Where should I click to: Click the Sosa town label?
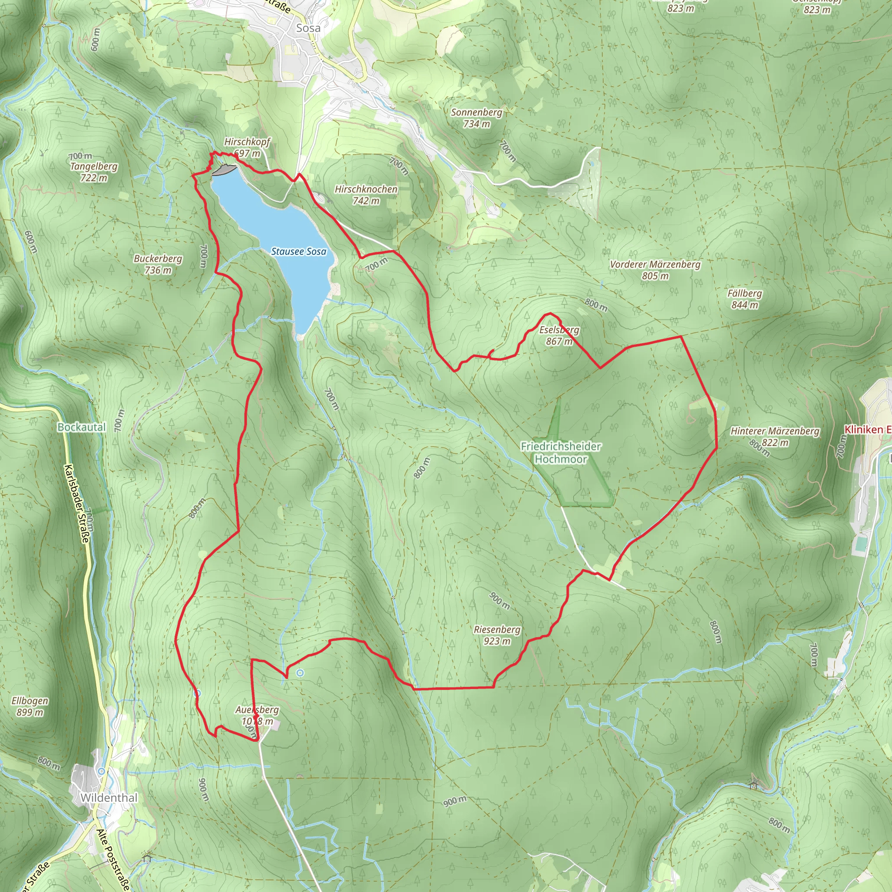(x=308, y=28)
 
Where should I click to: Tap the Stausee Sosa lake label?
(x=298, y=252)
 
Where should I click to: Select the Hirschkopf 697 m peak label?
(x=247, y=147)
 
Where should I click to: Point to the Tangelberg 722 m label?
(x=94, y=172)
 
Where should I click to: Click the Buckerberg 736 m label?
(x=158, y=264)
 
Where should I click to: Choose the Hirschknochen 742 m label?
(x=366, y=195)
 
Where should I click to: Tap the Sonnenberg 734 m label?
(x=476, y=118)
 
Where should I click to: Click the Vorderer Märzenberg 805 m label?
(x=655, y=270)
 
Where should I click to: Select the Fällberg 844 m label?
(x=744, y=299)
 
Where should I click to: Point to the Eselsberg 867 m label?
(x=559, y=336)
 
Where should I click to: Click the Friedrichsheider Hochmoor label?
(x=561, y=453)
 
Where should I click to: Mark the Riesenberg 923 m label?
(x=497, y=635)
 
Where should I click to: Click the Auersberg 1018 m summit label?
(x=257, y=715)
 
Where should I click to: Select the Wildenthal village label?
(x=109, y=798)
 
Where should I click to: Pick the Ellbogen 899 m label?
(x=30, y=706)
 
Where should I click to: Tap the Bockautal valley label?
(x=82, y=427)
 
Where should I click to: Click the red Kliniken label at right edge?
(x=867, y=429)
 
